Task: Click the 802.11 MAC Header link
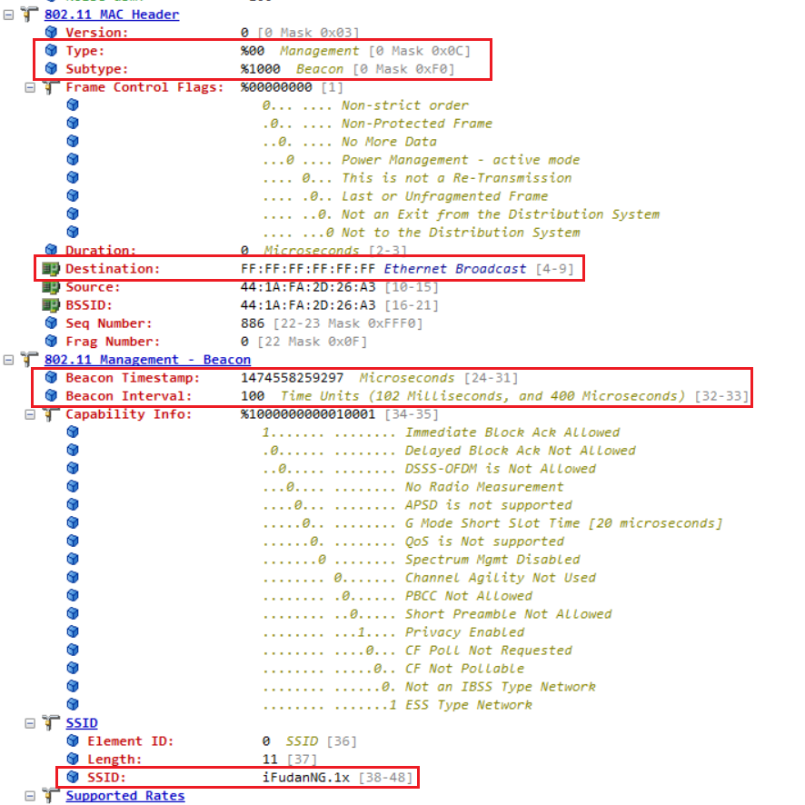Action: click(111, 15)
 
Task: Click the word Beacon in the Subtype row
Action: click(319, 69)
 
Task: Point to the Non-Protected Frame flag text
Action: click(416, 124)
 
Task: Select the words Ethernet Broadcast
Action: click(454, 269)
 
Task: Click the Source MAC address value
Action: click(308, 287)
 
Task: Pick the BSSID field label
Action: click(88, 305)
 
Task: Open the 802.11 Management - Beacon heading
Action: click(147, 360)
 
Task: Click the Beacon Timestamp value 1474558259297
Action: click(292, 378)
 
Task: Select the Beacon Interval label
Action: click(128, 396)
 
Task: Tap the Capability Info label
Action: click(128, 414)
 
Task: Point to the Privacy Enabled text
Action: click(464, 632)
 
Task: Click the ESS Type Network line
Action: click(468, 705)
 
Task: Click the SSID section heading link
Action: click(82, 723)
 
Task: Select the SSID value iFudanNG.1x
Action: click(306, 778)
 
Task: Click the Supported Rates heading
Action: click(124, 796)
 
